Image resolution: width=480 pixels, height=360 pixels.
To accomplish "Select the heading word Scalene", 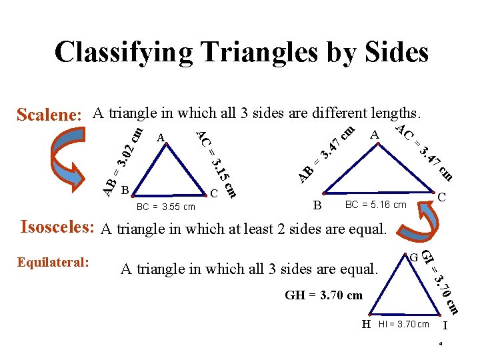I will click(x=49, y=115).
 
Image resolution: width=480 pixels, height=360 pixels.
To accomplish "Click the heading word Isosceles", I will click(x=57, y=227).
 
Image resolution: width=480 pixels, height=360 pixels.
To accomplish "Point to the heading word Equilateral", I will click(x=53, y=262).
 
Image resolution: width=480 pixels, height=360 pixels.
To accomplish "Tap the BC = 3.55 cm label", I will click(x=165, y=207).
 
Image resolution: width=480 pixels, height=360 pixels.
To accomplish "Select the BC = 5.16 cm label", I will click(x=375, y=205).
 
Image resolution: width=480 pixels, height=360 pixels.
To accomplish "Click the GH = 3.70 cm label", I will click(x=323, y=295).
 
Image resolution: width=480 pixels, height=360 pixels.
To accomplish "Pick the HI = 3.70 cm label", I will click(x=404, y=325).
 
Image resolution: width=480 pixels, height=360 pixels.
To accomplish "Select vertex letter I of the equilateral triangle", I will click(x=445, y=325).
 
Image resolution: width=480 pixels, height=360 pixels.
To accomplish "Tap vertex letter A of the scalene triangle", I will click(x=160, y=138).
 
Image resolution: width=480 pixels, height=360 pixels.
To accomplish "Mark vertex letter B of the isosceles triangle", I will click(x=318, y=205).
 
